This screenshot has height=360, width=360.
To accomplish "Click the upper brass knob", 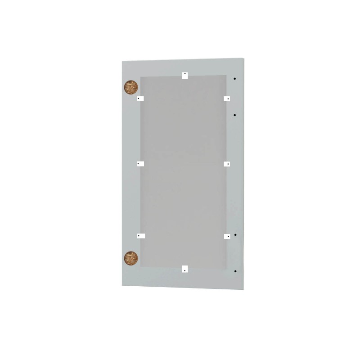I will pyautogui.click(x=130, y=86).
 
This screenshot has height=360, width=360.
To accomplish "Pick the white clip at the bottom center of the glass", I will pyautogui.click(x=184, y=269).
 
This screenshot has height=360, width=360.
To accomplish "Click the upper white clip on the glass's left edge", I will pyautogui.click(x=140, y=98).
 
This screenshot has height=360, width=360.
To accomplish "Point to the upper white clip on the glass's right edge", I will pyautogui.click(x=227, y=98).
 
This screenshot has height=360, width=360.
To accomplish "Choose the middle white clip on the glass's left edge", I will pyautogui.click(x=140, y=164).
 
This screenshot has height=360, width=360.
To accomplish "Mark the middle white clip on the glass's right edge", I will pyautogui.click(x=227, y=164).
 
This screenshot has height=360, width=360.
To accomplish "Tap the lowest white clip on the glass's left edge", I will pyautogui.click(x=141, y=235).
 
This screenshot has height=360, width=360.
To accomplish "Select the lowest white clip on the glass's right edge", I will pyautogui.click(x=227, y=235).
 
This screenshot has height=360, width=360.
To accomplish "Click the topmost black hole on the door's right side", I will pyautogui.click(x=235, y=79).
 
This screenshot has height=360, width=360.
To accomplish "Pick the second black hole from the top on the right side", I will pyautogui.click(x=235, y=115).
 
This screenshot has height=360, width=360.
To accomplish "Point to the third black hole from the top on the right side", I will pyautogui.click(x=235, y=235).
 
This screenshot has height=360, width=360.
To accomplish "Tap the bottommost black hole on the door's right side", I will pyautogui.click(x=235, y=271).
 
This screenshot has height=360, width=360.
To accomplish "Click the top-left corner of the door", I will pyautogui.click(x=122, y=63).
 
